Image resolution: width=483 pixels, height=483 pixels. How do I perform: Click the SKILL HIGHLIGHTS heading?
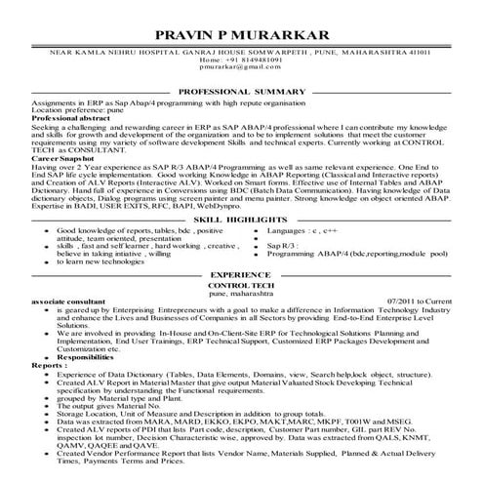click(x=241, y=221)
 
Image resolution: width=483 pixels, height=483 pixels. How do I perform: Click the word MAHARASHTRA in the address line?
click(x=369, y=51)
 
